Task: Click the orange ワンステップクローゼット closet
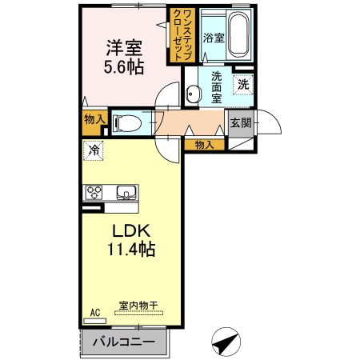point(176,34)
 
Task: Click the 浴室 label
point(212,38)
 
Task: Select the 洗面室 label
point(216,87)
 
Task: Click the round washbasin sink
point(193,94)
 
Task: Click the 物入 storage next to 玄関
point(205,144)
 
